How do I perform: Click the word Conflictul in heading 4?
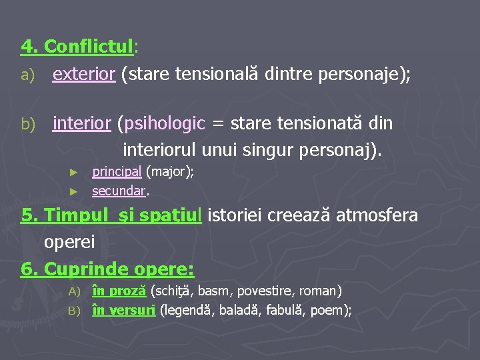(x=89, y=47)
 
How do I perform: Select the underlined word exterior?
(x=84, y=74)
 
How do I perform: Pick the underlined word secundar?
(x=119, y=191)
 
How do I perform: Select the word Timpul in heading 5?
(x=71, y=216)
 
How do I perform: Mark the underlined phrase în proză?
(x=119, y=291)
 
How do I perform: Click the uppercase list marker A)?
(x=74, y=291)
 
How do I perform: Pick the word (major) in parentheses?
(x=170, y=172)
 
